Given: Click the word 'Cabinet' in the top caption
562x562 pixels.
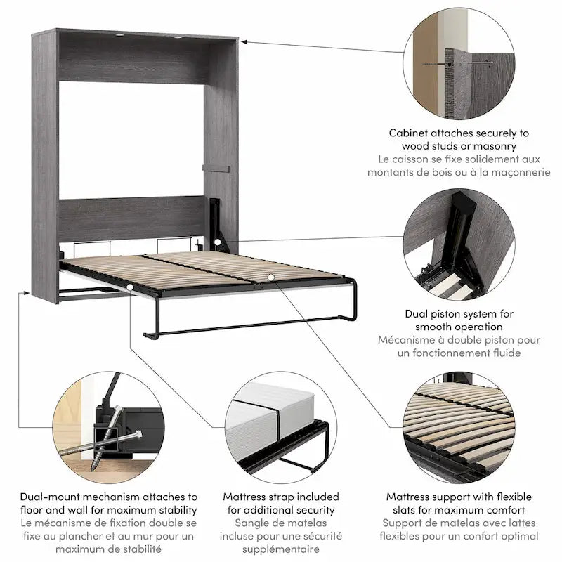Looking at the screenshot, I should click(x=408, y=133).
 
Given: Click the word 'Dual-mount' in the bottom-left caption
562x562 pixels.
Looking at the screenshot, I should click(x=50, y=497).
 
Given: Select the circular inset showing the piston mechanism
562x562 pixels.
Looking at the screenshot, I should click(x=459, y=242).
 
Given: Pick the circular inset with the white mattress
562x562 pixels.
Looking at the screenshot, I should click(x=280, y=429).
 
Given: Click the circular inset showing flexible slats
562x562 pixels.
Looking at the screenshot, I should click(x=459, y=429).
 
